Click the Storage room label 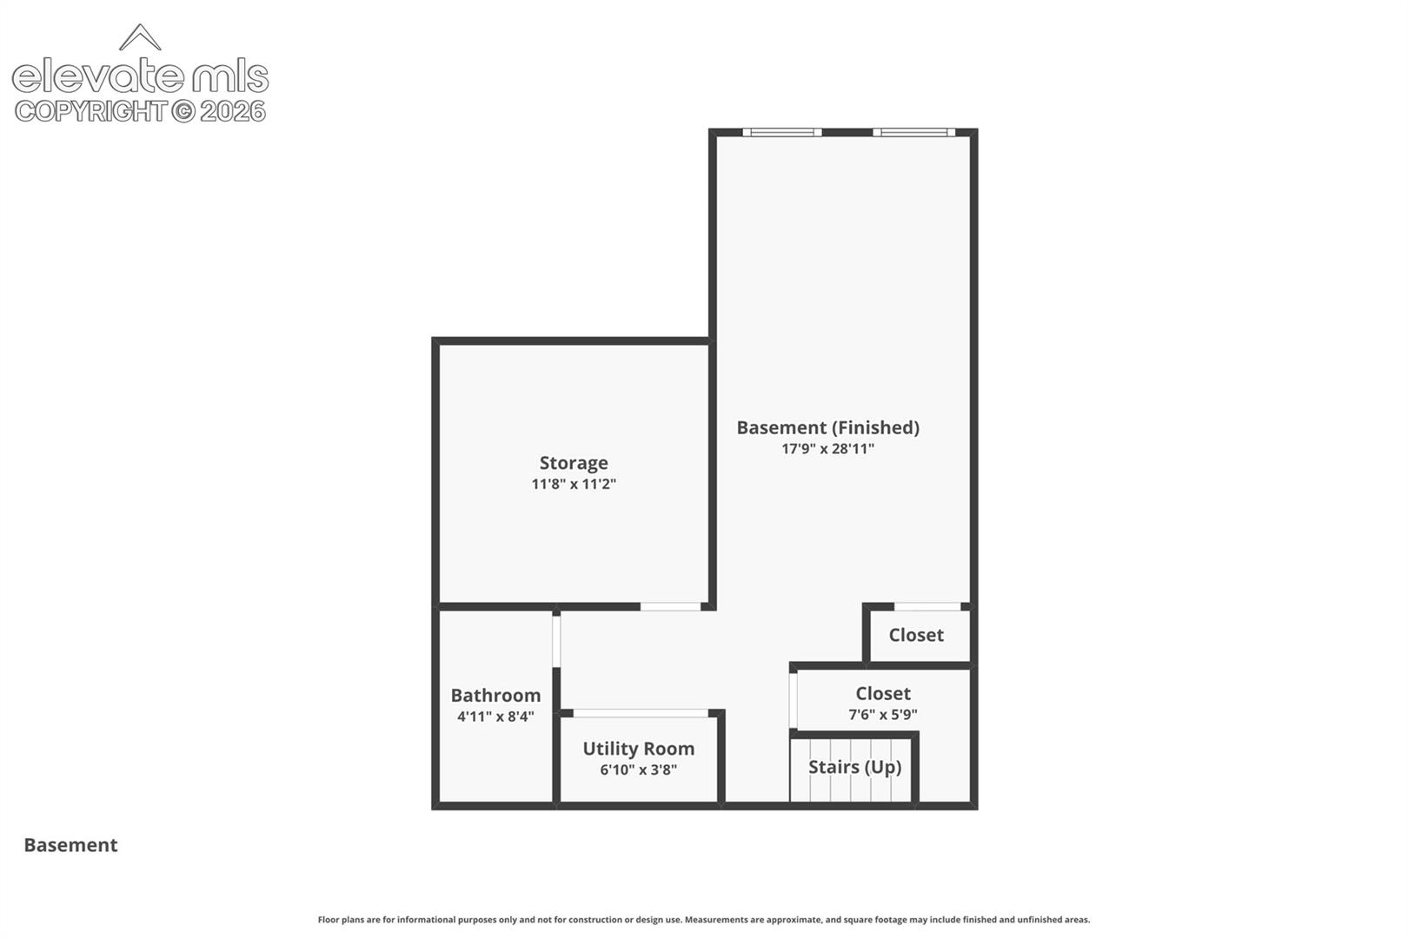click(x=574, y=463)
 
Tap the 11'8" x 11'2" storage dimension click(x=574, y=484)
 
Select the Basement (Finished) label click(x=827, y=428)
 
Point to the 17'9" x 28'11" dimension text click(x=827, y=448)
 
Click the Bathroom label click(x=495, y=696)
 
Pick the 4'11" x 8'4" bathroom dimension click(x=495, y=717)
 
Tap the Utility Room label click(x=638, y=749)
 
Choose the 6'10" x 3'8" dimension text click(x=638, y=770)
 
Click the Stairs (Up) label click(x=854, y=767)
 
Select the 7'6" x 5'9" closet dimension click(x=882, y=714)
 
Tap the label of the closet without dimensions click(x=916, y=635)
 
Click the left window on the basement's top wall click(x=782, y=132)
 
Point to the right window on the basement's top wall click(x=914, y=132)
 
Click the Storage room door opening click(x=670, y=606)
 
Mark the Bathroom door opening click(x=556, y=641)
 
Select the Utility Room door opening click(x=641, y=713)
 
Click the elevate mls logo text click(x=140, y=76)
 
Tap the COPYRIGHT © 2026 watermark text click(x=140, y=111)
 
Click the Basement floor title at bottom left click(x=70, y=845)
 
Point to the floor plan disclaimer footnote click(x=703, y=919)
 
